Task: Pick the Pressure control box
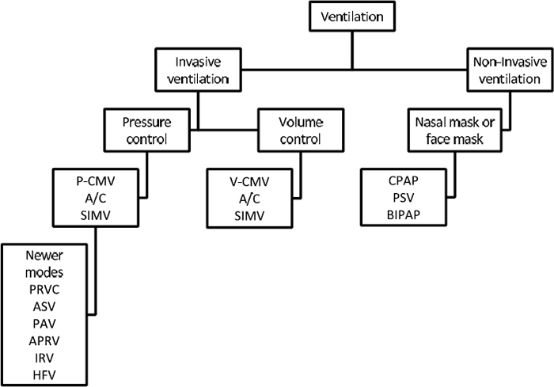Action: pyautogui.click(x=148, y=131)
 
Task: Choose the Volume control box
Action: pyautogui.click(x=300, y=131)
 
